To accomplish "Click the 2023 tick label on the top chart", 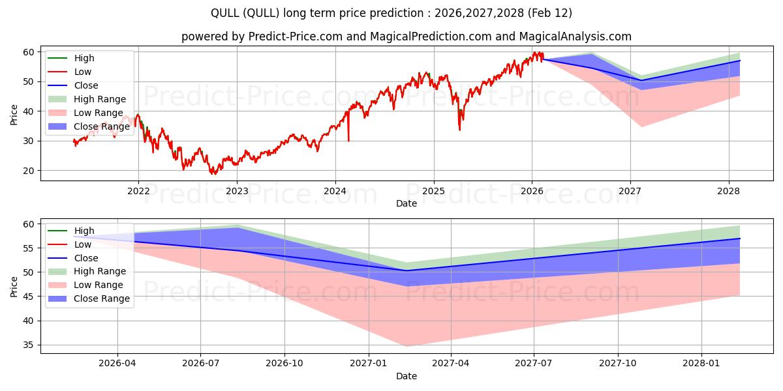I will tap(236, 191).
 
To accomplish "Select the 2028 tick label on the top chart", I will tap(728, 191).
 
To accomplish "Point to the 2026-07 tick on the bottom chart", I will tap(201, 364).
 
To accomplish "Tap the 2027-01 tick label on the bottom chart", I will tap(369, 364).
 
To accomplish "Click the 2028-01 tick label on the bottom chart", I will tap(701, 364).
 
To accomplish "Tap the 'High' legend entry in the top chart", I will tap(84, 58).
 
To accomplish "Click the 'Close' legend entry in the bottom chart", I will tap(86, 257).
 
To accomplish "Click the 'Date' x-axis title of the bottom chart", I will tap(406, 376).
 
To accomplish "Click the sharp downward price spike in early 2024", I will tap(348, 139).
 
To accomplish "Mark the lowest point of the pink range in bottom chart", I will tap(406, 346).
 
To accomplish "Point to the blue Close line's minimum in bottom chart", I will tap(406, 270).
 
